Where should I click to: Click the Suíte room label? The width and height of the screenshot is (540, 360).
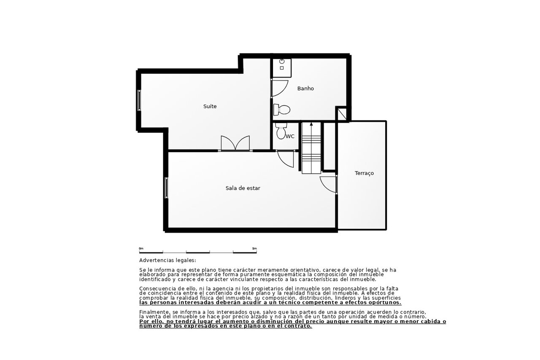pos(210,106)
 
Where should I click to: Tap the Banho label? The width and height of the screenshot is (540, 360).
pos(305,89)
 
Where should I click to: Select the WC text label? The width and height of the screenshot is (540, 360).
pos(290,137)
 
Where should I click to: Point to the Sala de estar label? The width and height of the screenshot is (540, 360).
pos(243,188)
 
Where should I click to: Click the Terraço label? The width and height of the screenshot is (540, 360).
pos(364,173)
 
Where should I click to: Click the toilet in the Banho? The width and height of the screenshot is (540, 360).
pos(281,110)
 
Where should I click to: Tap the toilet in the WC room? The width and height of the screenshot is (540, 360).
pos(281,131)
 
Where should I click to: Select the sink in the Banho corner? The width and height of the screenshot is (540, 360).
pos(281,64)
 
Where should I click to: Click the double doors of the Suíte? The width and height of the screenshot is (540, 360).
pos(235,143)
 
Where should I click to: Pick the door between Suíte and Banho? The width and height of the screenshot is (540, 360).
pos(279,89)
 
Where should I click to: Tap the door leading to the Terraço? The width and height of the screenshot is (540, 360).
pos(328,185)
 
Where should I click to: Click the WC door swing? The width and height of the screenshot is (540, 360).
pos(286,159)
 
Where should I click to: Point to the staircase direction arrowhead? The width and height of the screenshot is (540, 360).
pos(311,124)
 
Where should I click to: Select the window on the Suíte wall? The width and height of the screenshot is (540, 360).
pos(139,100)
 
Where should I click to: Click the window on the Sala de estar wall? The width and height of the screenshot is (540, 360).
pos(166,188)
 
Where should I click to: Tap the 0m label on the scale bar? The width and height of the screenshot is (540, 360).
pos(141,248)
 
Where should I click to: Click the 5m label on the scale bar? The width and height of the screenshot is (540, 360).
pos(254,248)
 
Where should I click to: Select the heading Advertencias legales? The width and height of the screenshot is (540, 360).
pos(167,261)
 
